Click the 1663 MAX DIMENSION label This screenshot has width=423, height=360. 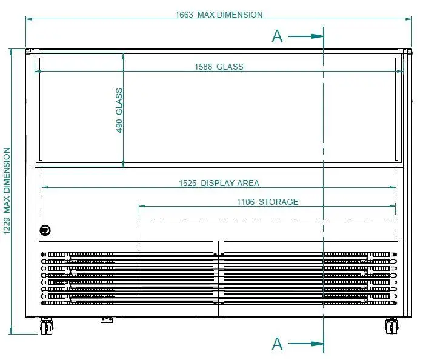click(x=219, y=15)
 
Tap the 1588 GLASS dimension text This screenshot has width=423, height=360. click(x=219, y=67)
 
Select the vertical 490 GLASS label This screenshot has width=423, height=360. click(x=119, y=110)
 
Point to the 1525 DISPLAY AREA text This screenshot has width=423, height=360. click(x=219, y=183)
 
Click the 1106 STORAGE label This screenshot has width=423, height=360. click(x=267, y=202)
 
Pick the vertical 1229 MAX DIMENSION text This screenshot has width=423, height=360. click(x=7, y=191)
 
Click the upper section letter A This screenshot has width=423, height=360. click(x=277, y=36)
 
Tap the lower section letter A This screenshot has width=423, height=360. click(x=277, y=344)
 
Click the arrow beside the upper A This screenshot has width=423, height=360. click(x=306, y=36)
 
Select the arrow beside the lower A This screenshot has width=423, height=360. click(x=306, y=344)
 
